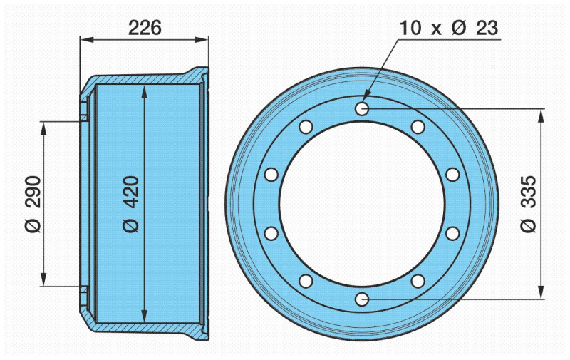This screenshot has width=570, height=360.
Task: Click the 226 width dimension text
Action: [145, 28]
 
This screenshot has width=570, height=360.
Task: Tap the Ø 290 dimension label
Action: [33, 204]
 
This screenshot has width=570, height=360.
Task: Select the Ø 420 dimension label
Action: [131, 204]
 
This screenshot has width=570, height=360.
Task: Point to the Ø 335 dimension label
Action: [528, 204]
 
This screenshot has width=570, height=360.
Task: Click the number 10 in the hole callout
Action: [410, 28]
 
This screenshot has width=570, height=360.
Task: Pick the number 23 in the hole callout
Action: [487, 28]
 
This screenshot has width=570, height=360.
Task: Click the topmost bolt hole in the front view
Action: [362, 108]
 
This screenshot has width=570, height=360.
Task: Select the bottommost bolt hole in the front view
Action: [362, 299]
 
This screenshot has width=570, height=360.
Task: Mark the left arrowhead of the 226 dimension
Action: [86, 40]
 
